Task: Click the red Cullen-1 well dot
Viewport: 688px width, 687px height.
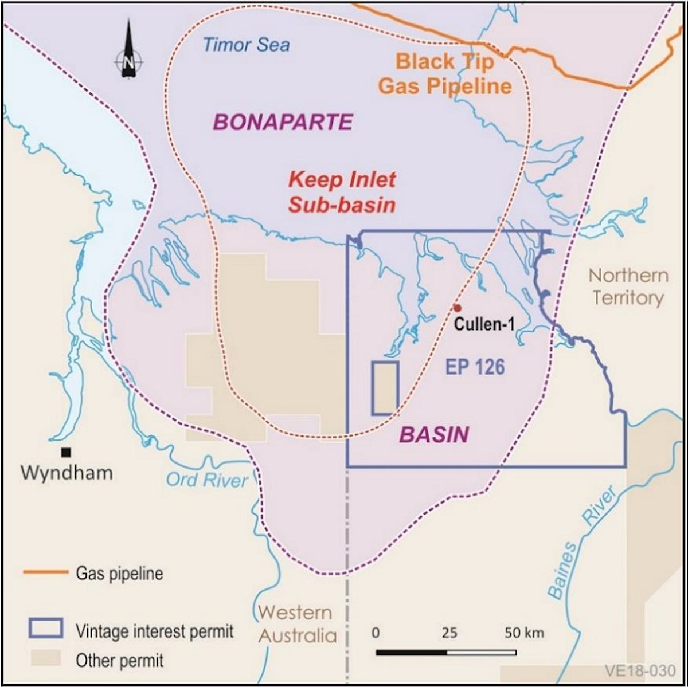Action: click(457, 308)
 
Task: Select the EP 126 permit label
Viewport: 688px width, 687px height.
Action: click(475, 367)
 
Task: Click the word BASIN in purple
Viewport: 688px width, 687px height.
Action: click(433, 435)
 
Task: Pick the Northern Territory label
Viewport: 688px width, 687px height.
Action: click(628, 286)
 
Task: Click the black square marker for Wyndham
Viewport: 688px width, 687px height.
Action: click(67, 452)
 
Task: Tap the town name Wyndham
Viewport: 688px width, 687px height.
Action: click(67, 473)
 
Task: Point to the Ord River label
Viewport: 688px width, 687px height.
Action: click(207, 479)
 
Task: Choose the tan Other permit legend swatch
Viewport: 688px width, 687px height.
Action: click(44, 658)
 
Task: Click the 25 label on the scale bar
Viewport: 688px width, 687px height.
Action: click(449, 633)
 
